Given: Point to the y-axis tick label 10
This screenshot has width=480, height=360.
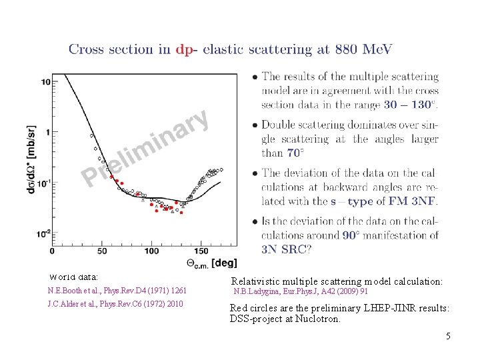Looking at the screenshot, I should pyautogui.click(x=45, y=82).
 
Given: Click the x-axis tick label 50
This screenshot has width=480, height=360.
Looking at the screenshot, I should pyautogui.click(x=102, y=251).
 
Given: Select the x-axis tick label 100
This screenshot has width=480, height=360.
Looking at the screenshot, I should pyautogui.click(x=151, y=251).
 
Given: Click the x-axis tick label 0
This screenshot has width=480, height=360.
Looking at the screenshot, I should pyautogui.click(x=53, y=251).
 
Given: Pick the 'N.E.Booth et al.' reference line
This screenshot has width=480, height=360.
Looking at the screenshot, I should pyautogui.click(x=117, y=291).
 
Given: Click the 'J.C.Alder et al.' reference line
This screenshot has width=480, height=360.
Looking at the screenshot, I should pyautogui.click(x=115, y=304).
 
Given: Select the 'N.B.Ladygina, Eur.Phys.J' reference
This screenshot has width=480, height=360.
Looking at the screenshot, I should pyautogui.click(x=301, y=291).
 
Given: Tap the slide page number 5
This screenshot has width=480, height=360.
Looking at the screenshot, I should pyautogui.click(x=448, y=336).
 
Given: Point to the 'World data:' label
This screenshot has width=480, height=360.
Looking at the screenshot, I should pyautogui.click(x=74, y=276).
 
